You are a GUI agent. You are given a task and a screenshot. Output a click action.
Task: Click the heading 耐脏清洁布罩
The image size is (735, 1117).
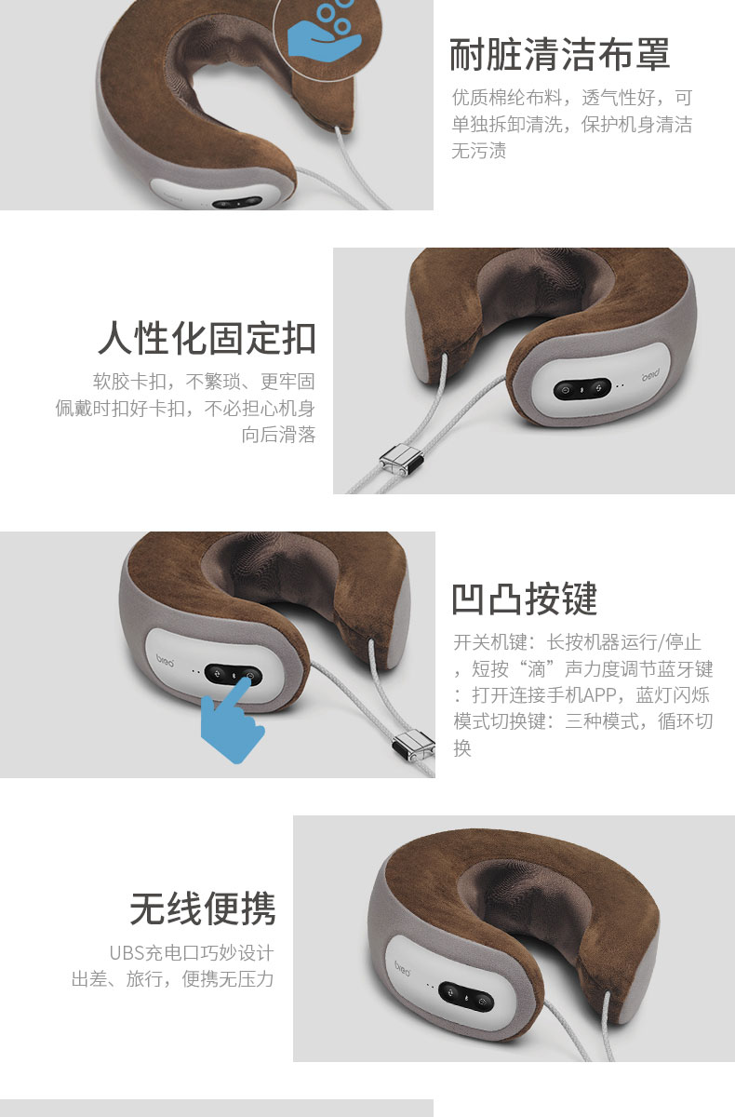pyautogui.click(x=559, y=54)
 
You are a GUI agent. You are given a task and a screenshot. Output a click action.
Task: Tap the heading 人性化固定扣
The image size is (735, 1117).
pyautogui.click(x=207, y=338)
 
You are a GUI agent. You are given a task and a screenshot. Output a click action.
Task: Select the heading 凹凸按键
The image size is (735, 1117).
pyautogui.click(x=524, y=599)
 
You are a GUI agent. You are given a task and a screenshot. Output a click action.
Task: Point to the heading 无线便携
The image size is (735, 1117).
pyautogui.click(x=202, y=908)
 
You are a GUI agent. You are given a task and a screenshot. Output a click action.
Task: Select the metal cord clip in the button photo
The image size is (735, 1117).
pyautogui.click(x=414, y=745)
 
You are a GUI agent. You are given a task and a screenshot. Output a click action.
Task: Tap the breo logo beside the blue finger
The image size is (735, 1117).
pyautogui.click(x=165, y=661)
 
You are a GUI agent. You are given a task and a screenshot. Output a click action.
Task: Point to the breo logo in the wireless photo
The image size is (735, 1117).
pyautogui.click(x=402, y=968)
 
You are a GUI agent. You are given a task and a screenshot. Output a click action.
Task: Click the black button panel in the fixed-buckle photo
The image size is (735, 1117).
pyautogui.click(x=582, y=389)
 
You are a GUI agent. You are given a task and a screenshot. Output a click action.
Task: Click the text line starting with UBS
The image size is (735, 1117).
pyautogui.click(x=192, y=953)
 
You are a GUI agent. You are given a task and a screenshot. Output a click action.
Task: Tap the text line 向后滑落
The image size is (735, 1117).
pyautogui.click(x=278, y=435)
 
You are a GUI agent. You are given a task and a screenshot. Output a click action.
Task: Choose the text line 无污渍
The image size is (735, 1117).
pyautogui.click(x=478, y=150)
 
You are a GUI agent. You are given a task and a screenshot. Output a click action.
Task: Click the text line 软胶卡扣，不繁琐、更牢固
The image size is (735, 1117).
pyautogui.click(x=204, y=382)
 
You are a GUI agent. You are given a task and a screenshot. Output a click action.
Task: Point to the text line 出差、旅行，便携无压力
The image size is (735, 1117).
pyautogui.click(x=172, y=979)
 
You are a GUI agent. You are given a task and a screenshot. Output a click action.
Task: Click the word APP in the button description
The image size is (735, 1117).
pyautogui.click(x=599, y=694)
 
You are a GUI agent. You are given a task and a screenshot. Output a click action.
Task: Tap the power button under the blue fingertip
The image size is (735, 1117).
pyautogui.click(x=250, y=676)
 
